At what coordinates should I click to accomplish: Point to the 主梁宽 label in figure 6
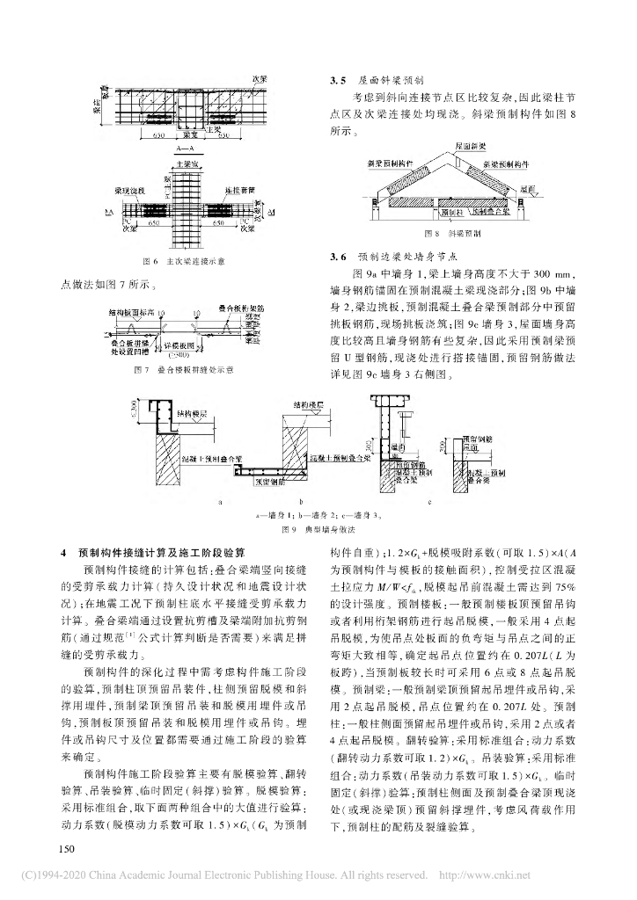[186, 163]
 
